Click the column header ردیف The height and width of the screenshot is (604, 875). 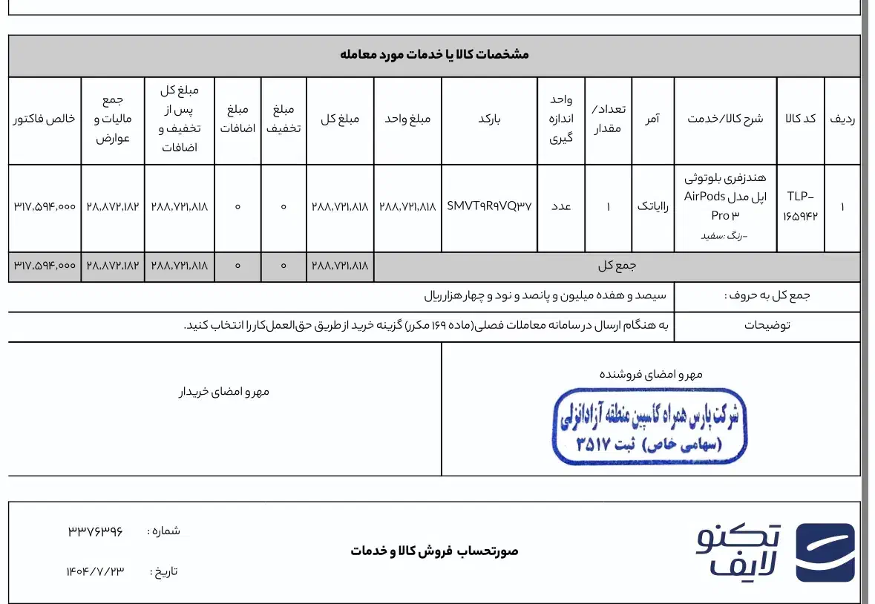click(x=842, y=119)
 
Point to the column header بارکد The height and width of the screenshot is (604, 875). click(x=489, y=119)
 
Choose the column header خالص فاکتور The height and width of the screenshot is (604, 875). click(x=44, y=119)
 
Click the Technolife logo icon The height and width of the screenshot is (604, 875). click(x=825, y=552)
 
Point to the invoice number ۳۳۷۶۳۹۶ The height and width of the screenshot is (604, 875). click(x=95, y=531)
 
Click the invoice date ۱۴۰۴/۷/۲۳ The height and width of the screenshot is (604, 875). click(x=95, y=571)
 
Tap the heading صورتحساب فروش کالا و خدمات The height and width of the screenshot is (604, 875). click(x=435, y=551)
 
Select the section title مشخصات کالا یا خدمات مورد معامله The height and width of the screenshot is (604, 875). click(x=434, y=55)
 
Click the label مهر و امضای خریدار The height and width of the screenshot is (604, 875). click(x=223, y=391)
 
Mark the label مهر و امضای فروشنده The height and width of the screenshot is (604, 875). click(x=651, y=374)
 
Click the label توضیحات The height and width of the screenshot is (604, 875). click(x=767, y=325)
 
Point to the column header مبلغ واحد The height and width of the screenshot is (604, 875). click(x=407, y=119)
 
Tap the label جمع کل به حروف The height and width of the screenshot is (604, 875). click(x=767, y=295)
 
